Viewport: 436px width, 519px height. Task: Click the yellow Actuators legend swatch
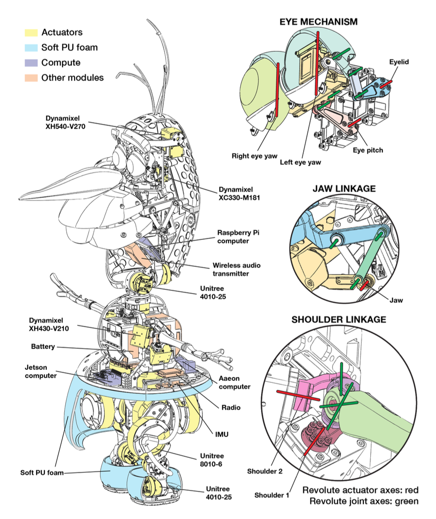(x=31, y=32)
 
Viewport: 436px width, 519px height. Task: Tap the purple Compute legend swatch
(x=31, y=63)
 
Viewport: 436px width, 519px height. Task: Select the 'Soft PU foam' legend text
(x=69, y=47)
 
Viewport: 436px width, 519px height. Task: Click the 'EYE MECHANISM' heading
(x=318, y=22)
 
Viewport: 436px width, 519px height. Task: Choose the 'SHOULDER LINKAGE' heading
(x=338, y=320)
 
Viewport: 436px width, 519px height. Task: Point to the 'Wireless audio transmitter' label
(x=237, y=269)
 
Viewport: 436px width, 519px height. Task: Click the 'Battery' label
(x=43, y=346)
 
